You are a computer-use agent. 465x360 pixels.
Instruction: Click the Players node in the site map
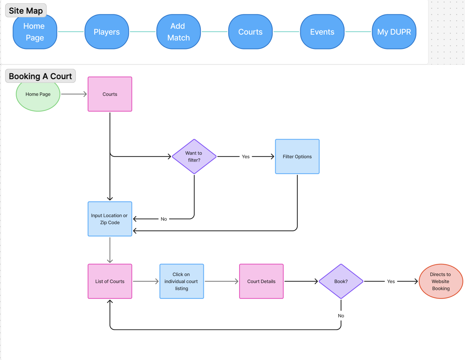[106, 32]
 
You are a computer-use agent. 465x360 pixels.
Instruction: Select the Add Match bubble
[178, 32]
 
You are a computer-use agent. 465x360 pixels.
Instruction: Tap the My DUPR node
[394, 32]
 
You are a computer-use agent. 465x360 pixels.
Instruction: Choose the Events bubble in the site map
[322, 32]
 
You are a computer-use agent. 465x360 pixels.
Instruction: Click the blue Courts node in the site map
[250, 32]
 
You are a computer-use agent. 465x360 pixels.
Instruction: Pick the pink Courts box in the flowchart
[110, 94]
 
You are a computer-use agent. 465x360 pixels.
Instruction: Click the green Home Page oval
[38, 95]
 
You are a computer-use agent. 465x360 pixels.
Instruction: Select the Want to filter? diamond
[194, 156]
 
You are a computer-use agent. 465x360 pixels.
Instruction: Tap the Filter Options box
[297, 156]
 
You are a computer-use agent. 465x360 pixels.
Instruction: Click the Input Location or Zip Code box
[110, 219]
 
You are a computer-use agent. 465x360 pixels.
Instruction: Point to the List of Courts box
[110, 281]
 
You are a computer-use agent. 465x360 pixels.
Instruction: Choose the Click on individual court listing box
[182, 281]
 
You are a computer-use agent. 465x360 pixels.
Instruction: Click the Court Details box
[261, 281]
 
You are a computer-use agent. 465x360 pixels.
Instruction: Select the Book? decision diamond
[341, 281]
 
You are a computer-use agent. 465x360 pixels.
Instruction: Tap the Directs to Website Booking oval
[441, 281]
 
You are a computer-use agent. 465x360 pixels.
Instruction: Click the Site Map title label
[26, 10]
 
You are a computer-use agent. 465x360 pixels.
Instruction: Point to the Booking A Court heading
[40, 76]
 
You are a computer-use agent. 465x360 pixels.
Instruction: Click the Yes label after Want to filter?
[246, 157]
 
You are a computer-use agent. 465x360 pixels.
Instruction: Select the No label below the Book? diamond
[341, 316]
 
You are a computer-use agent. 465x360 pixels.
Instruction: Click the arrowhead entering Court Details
[237, 281]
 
